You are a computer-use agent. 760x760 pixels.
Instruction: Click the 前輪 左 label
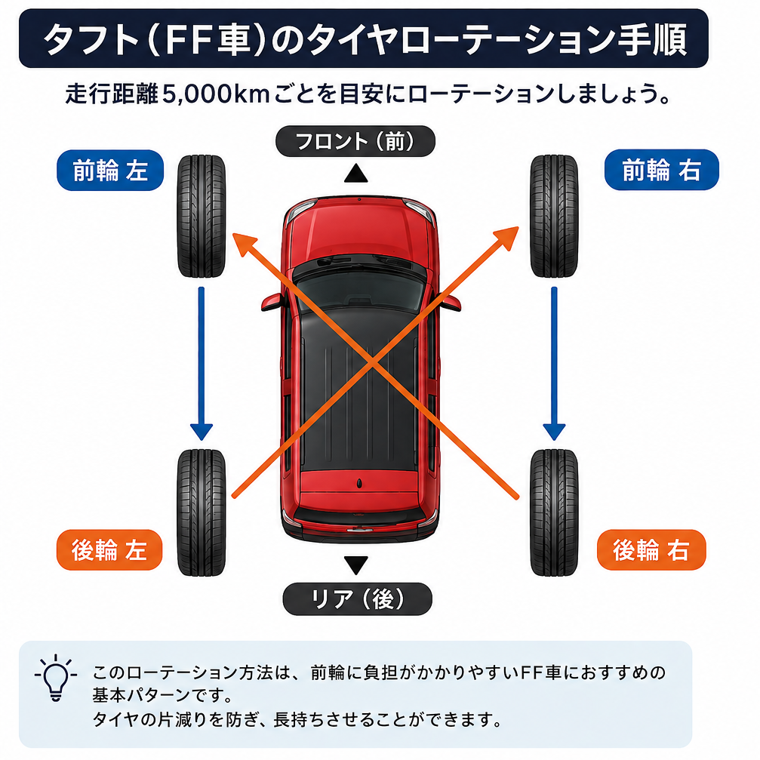(x=110, y=170)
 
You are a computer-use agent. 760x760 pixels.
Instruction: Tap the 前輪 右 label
(x=661, y=170)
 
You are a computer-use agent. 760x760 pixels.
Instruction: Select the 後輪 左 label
(x=109, y=549)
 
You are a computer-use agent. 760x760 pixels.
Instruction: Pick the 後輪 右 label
(x=651, y=549)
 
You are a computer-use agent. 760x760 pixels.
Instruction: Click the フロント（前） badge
(x=355, y=141)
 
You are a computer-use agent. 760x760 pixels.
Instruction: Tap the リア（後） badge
(x=357, y=599)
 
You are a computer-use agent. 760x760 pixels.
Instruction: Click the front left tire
(x=202, y=216)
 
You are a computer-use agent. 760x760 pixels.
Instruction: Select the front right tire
(x=554, y=216)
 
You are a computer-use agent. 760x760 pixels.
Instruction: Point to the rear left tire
(x=202, y=512)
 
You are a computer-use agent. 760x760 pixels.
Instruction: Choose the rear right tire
(x=554, y=512)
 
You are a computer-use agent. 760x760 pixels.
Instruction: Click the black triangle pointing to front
(x=355, y=174)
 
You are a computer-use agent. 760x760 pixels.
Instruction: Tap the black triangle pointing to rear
(x=355, y=565)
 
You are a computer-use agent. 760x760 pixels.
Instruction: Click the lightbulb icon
(x=56, y=678)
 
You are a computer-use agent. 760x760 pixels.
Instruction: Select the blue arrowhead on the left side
(x=202, y=432)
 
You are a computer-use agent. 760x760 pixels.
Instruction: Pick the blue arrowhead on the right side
(x=554, y=432)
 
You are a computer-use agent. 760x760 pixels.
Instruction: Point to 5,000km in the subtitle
(x=216, y=94)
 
